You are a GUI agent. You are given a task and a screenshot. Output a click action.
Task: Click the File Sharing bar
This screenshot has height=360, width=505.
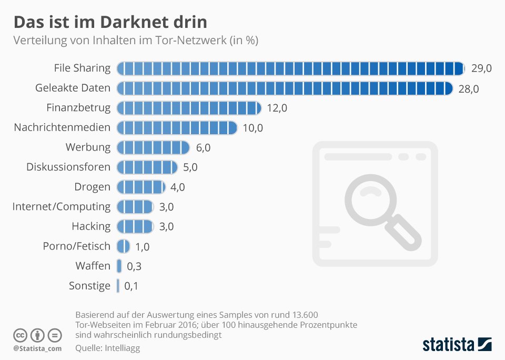pyautogui.click(x=290, y=68)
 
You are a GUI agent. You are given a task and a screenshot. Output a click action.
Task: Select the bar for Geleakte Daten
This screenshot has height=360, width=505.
pyautogui.click(x=285, y=88)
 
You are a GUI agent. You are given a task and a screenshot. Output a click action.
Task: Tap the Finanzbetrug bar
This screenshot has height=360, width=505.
pyautogui.click(x=189, y=108)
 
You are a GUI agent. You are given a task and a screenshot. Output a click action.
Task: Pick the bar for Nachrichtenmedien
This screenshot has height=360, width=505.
pyautogui.click(x=177, y=127)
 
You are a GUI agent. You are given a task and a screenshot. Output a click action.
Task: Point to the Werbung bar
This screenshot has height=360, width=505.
pyautogui.click(x=153, y=147)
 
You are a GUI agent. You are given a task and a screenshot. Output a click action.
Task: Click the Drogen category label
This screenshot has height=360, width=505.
pyautogui.click(x=93, y=187)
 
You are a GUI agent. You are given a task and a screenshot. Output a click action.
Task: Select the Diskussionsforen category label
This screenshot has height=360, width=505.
pyautogui.click(x=68, y=167)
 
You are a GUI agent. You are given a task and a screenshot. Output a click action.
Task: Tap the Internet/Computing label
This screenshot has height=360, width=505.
pyautogui.click(x=62, y=206)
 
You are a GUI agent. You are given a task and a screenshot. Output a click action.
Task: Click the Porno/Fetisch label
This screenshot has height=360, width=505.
pyautogui.click(x=77, y=246)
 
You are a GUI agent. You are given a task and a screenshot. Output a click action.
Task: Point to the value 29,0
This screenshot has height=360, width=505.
pyautogui.click(x=481, y=68)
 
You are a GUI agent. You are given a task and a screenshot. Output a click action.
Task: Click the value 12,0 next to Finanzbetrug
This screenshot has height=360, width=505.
pyautogui.click(x=277, y=108)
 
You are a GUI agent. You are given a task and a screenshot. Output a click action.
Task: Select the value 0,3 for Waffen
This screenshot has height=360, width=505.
pyautogui.click(x=134, y=266)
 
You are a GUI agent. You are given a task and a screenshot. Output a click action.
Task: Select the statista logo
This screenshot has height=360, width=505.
pyautogui.click(x=457, y=345)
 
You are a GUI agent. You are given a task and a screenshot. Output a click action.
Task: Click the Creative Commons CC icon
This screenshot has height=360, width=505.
pyautogui.click(x=20, y=335)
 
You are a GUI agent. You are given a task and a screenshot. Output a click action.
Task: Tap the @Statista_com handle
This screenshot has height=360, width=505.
pyautogui.click(x=37, y=348)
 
